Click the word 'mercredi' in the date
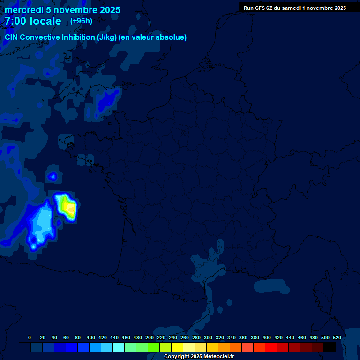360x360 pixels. (x=24, y=10)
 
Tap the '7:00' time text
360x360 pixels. (x=15, y=22)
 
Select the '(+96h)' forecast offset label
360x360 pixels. (x=81, y=21)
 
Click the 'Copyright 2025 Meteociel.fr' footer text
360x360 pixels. (x=199, y=357)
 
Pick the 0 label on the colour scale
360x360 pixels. (x=30, y=337)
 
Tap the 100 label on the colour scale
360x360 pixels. (x=91, y=337)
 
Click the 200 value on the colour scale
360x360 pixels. (x=150, y=337)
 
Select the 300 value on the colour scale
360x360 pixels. (x=208, y=337)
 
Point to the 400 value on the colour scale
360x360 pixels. (x=267, y=337)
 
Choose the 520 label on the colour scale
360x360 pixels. (x=337, y=337)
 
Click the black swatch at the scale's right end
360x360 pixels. (x=330, y=347)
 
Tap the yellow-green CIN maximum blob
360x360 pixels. (x=70, y=207)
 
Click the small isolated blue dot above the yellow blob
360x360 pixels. (x=53, y=176)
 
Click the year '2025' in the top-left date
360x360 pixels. (x=107, y=10)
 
